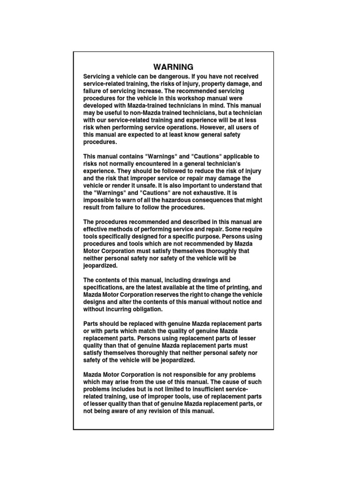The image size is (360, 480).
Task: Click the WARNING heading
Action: point(173,67)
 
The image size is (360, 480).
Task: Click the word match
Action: point(146,331)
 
